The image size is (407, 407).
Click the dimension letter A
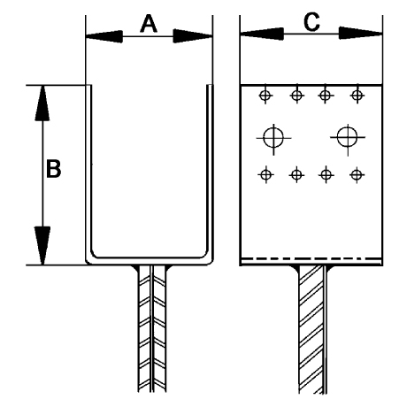(149, 24)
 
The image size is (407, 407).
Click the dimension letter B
(54, 169)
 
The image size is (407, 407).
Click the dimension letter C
(311, 22)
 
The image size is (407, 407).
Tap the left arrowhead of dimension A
(104, 36)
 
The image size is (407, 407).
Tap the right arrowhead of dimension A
(193, 36)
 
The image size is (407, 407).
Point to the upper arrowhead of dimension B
(42, 104)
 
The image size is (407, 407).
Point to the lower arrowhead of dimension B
(42, 246)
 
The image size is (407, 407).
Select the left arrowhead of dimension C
(262, 34)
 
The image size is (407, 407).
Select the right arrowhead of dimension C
(360, 33)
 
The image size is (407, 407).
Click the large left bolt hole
(273, 138)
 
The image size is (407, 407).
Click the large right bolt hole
(348, 137)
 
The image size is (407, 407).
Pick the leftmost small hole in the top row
(265, 96)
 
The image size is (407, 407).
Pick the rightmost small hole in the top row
(357, 95)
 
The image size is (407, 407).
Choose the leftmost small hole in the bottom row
(265, 175)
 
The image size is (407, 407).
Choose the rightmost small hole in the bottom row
(357, 175)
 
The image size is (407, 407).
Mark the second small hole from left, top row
(296, 96)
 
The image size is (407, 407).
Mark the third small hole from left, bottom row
(326, 175)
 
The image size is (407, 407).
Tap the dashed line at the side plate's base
(311, 259)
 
